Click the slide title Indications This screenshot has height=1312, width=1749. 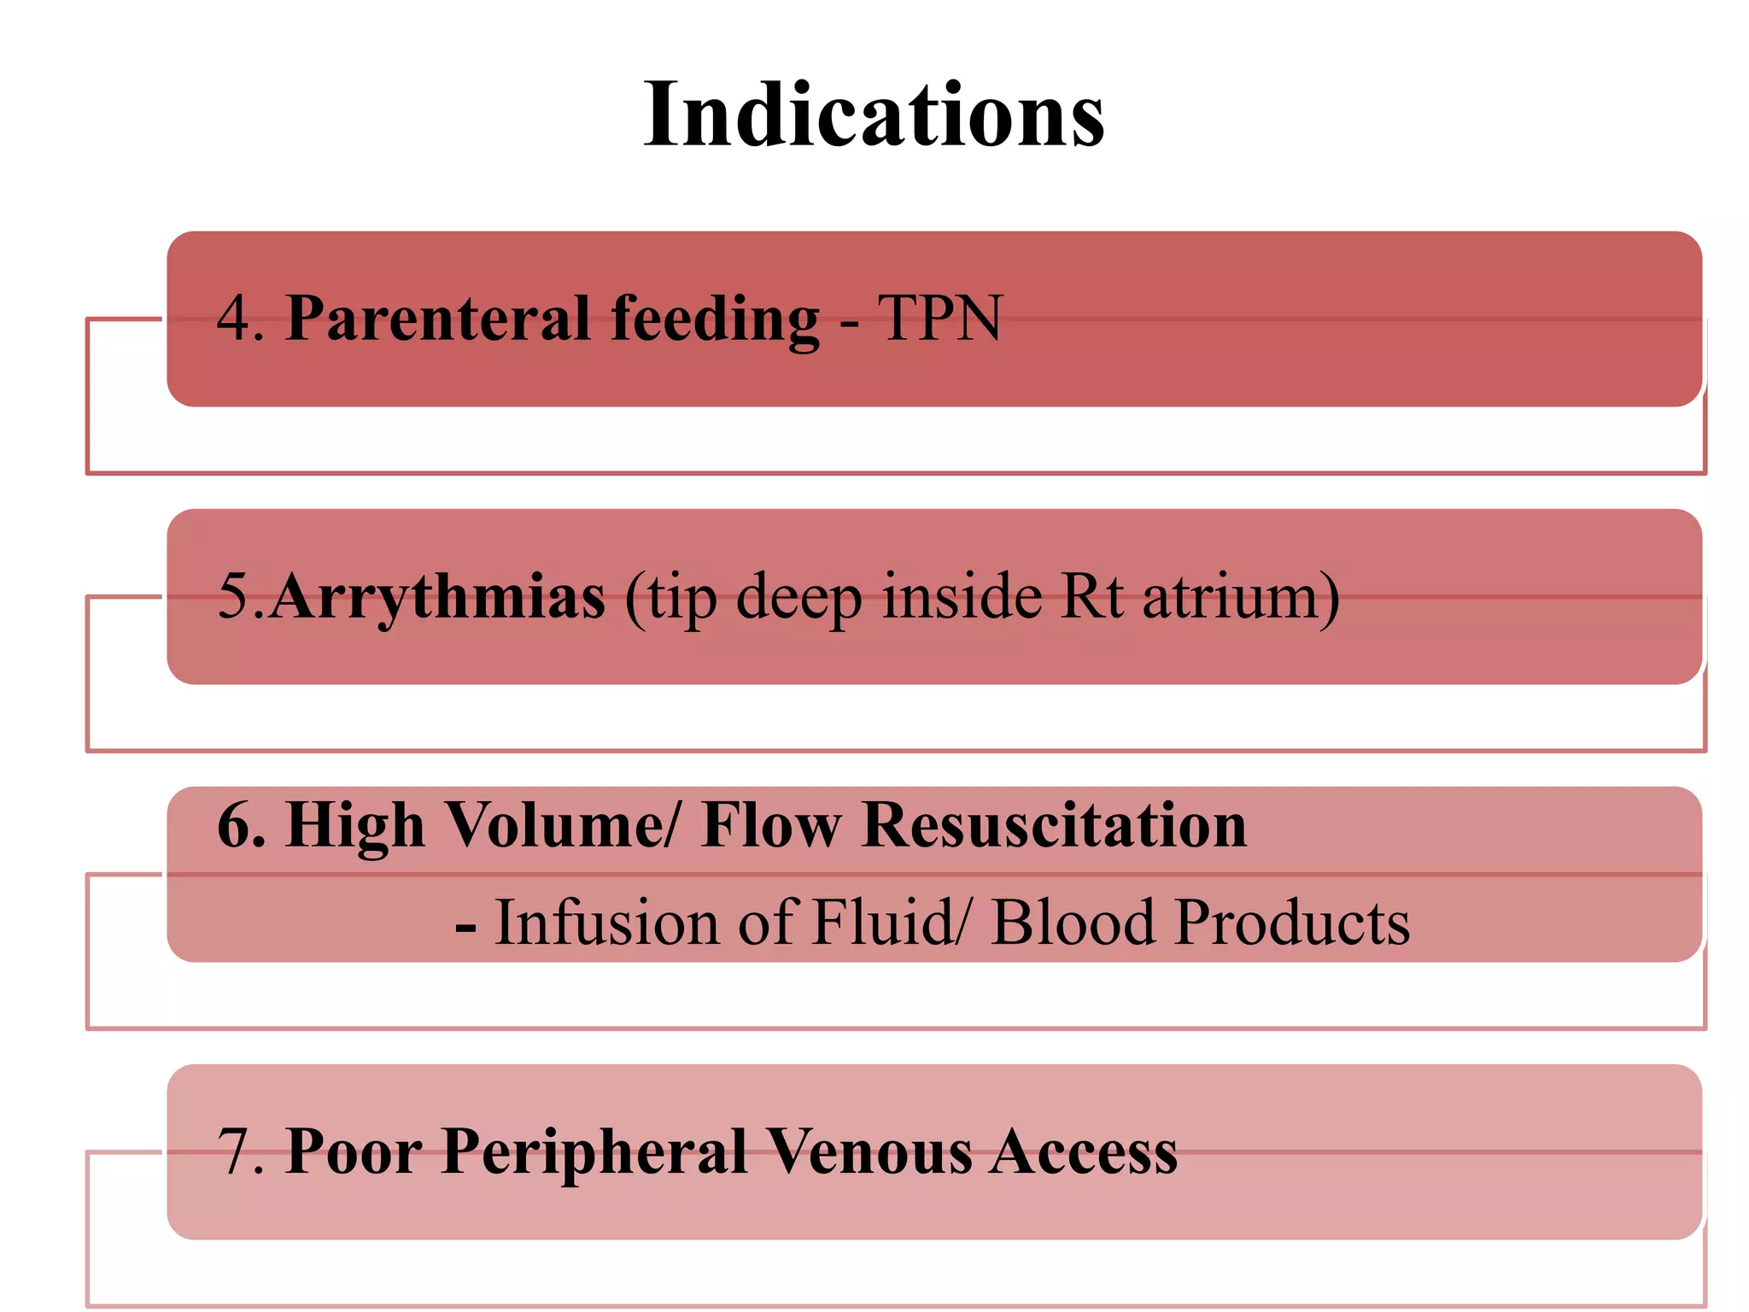[x=874, y=114]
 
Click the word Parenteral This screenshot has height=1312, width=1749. [x=436, y=318]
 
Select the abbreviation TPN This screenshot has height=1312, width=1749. [x=939, y=319]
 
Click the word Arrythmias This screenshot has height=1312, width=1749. [x=438, y=597]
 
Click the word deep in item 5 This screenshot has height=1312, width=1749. [x=798, y=596]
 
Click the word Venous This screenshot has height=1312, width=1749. [x=869, y=1152]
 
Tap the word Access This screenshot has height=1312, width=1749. [x=1085, y=1152]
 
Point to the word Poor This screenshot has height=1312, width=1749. [x=353, y=1152]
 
